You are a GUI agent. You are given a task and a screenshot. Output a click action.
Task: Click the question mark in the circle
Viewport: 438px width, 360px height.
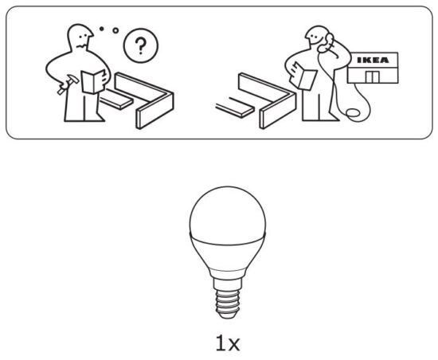[x=140, y=45]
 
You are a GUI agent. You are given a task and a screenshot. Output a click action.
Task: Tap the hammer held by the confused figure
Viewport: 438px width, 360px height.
[x=68, y=84]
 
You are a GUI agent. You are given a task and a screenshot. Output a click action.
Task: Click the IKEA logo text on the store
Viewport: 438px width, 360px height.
[x=373, y=60]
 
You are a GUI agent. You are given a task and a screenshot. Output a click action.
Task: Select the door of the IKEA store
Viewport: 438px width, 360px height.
[x=372, y=76]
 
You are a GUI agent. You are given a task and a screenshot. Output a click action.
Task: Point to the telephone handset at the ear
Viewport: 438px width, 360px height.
[x=327, y=43]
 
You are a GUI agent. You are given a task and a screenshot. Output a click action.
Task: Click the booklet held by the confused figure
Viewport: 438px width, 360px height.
[x=93, y=81]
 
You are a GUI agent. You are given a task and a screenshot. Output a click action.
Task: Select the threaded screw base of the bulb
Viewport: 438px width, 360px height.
[x=228, y=301]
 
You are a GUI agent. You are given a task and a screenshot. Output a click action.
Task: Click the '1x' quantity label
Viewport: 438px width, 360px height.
[x=228, y=343]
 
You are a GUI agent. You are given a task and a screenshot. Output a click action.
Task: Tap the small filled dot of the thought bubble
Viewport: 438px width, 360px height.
[x=102, y=29]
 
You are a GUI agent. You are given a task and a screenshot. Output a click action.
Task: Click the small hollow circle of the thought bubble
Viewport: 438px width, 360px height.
[x=115, y=30]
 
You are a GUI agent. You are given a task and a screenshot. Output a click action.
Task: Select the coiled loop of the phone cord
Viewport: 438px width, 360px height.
[x=353, y=112]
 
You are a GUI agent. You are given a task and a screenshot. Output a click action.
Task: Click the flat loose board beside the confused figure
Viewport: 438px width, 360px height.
[x=115, y=99]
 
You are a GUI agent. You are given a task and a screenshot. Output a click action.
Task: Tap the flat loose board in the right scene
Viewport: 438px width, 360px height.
[x=235, y=108]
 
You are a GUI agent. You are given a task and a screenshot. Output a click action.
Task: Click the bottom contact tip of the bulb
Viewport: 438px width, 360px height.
[x=228, y=315]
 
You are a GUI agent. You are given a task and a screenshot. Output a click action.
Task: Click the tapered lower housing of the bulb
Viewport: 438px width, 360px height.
[x=228, y=254]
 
